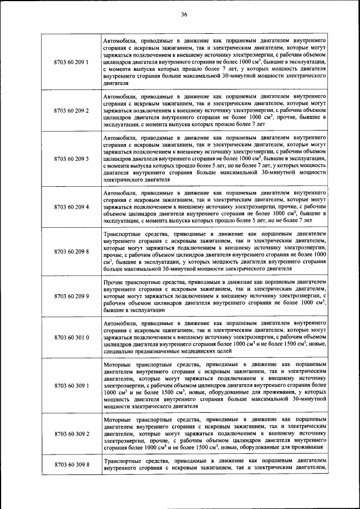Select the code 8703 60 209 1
(71, 61)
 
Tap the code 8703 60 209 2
(71, 110)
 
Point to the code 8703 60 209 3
(71, 159)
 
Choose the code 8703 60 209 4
(71, 207)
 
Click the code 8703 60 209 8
(71, 251)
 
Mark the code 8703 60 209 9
(71, 295)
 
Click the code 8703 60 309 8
(71, 465)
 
